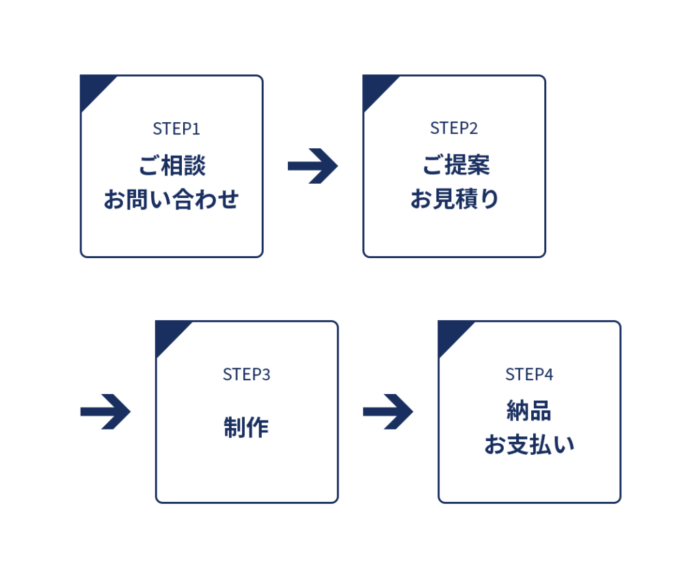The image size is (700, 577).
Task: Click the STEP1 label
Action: (x=176, y=128)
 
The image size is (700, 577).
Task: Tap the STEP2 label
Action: (x=454, y=128)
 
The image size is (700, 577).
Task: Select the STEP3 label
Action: (x=247, y=374)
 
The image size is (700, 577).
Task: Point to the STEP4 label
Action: (x=529, y=374)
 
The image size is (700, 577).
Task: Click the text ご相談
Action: (x=172, y=166)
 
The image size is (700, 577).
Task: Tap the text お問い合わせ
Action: (x=172, y=200)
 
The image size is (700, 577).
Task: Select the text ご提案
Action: (x=456, y=166)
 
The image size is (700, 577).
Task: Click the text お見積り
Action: (x=455, y=200)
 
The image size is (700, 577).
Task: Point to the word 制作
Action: (x=246, y=427)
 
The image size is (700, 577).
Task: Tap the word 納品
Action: (x=529, y=411)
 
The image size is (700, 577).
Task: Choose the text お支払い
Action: (x=529, y=445)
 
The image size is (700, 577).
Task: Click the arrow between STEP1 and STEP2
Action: (x=313, y=166)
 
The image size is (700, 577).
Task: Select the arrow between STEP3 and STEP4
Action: (x=388, y=412)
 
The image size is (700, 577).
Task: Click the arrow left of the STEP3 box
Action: (x=105, y=412)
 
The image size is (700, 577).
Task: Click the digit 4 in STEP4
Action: (x=549, y=374)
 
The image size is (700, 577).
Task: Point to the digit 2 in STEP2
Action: (x=474, y=128)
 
